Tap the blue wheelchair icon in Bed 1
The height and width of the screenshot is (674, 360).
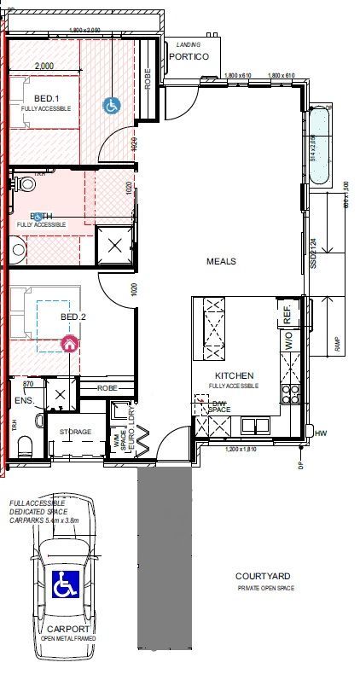coord(110,106)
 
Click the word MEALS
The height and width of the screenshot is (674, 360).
coord(221,261)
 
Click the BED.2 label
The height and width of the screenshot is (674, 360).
coord(73,317)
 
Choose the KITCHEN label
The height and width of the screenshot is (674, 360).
coord(234,376)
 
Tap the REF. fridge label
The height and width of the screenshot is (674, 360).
coord(287,316)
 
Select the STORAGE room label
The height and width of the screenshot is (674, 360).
coord(75,433)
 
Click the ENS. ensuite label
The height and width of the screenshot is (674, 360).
coord(23,399)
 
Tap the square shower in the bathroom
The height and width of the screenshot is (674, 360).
coord(115,245)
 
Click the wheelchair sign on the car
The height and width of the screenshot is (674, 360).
coord(65,585)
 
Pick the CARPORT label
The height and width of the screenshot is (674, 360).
coord(64,628)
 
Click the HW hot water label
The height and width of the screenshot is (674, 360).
coord(321,433)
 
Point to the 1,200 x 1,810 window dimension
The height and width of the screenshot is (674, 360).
coord(241,450)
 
